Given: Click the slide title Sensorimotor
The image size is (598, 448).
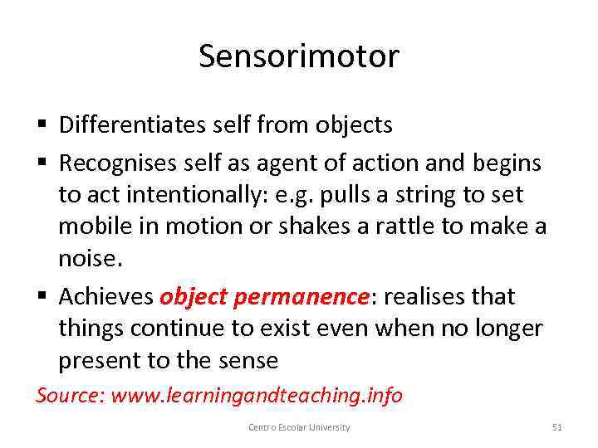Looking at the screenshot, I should tap(299, 56).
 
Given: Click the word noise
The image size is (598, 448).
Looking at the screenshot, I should tap(88, 259).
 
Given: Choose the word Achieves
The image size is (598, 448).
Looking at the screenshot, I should tap(106, 296).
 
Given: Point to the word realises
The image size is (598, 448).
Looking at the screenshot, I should tap(418, 296).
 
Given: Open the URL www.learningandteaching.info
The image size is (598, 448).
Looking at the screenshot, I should tap(257, 396).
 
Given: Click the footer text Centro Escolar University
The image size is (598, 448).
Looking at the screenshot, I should tap(299, 427).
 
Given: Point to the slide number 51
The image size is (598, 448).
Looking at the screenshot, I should tap(557, 427).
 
